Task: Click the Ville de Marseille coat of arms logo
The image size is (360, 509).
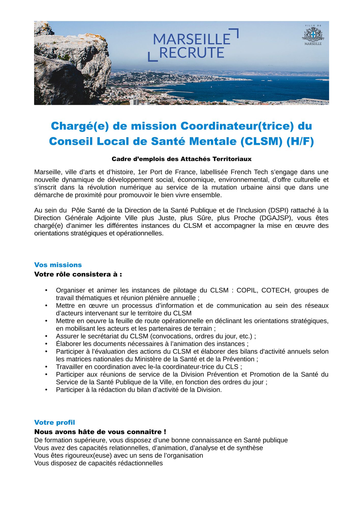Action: [313, 35]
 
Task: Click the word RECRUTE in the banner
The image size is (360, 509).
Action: [191, 53]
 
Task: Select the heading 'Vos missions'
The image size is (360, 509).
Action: [58, 265]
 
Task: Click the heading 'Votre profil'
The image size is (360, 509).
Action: [54, 422]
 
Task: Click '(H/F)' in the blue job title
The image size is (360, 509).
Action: [300, 142]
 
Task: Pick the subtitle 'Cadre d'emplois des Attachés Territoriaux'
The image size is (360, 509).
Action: [181, 159]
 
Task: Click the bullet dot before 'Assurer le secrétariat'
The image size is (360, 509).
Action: [46, 336]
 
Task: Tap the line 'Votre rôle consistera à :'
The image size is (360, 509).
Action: [78, 274]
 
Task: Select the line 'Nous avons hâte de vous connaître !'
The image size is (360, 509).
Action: [100, 432]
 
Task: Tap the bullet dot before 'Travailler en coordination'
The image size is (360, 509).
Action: [46, 367]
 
